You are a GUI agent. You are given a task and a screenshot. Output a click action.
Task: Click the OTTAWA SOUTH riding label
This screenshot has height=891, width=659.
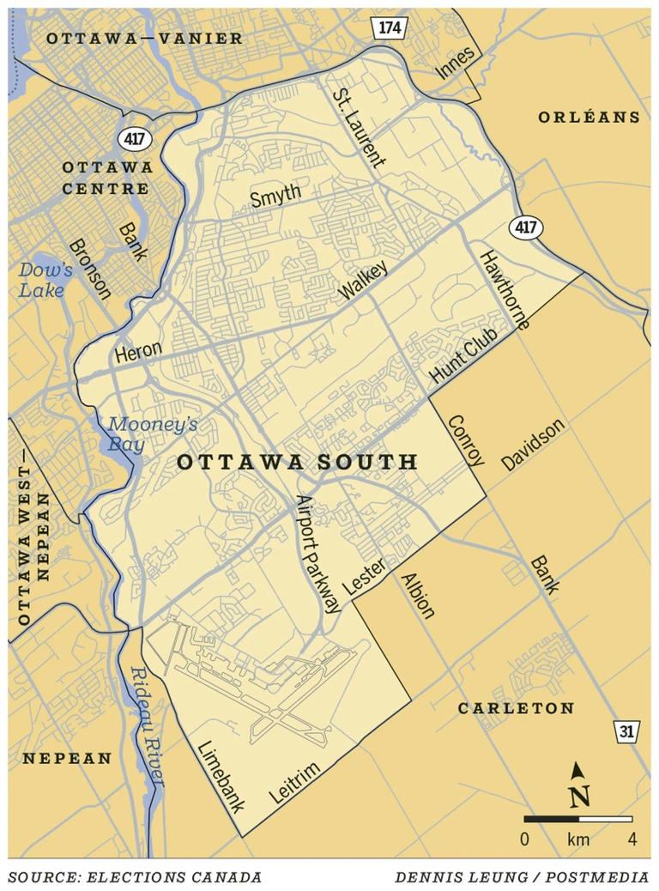tap(297, 463)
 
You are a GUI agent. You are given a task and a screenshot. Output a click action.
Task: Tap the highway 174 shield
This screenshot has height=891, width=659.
tap(389, 27)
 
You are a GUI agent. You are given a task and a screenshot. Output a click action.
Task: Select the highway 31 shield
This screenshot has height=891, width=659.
tap(626, 731)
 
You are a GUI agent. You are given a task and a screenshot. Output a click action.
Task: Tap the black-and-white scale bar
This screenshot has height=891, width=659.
tap(577, 819)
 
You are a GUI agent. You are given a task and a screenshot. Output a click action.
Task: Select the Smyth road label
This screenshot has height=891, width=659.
tap(275, 197)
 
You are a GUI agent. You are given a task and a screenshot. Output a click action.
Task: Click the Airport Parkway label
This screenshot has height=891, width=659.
tap(317, 554)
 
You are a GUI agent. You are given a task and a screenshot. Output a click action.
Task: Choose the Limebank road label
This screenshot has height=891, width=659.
tap(220, 774)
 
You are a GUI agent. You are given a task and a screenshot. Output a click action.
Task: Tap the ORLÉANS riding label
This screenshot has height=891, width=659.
tap(589, 118)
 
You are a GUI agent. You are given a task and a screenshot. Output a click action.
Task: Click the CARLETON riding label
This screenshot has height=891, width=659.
tap(516, 708)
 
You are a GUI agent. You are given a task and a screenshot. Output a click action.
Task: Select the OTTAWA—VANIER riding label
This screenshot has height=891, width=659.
tap(144, 38)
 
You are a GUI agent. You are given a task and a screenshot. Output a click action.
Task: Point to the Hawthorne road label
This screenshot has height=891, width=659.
tap(505, 290)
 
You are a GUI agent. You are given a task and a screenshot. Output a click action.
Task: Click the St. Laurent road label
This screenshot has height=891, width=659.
tap(360, 126)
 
